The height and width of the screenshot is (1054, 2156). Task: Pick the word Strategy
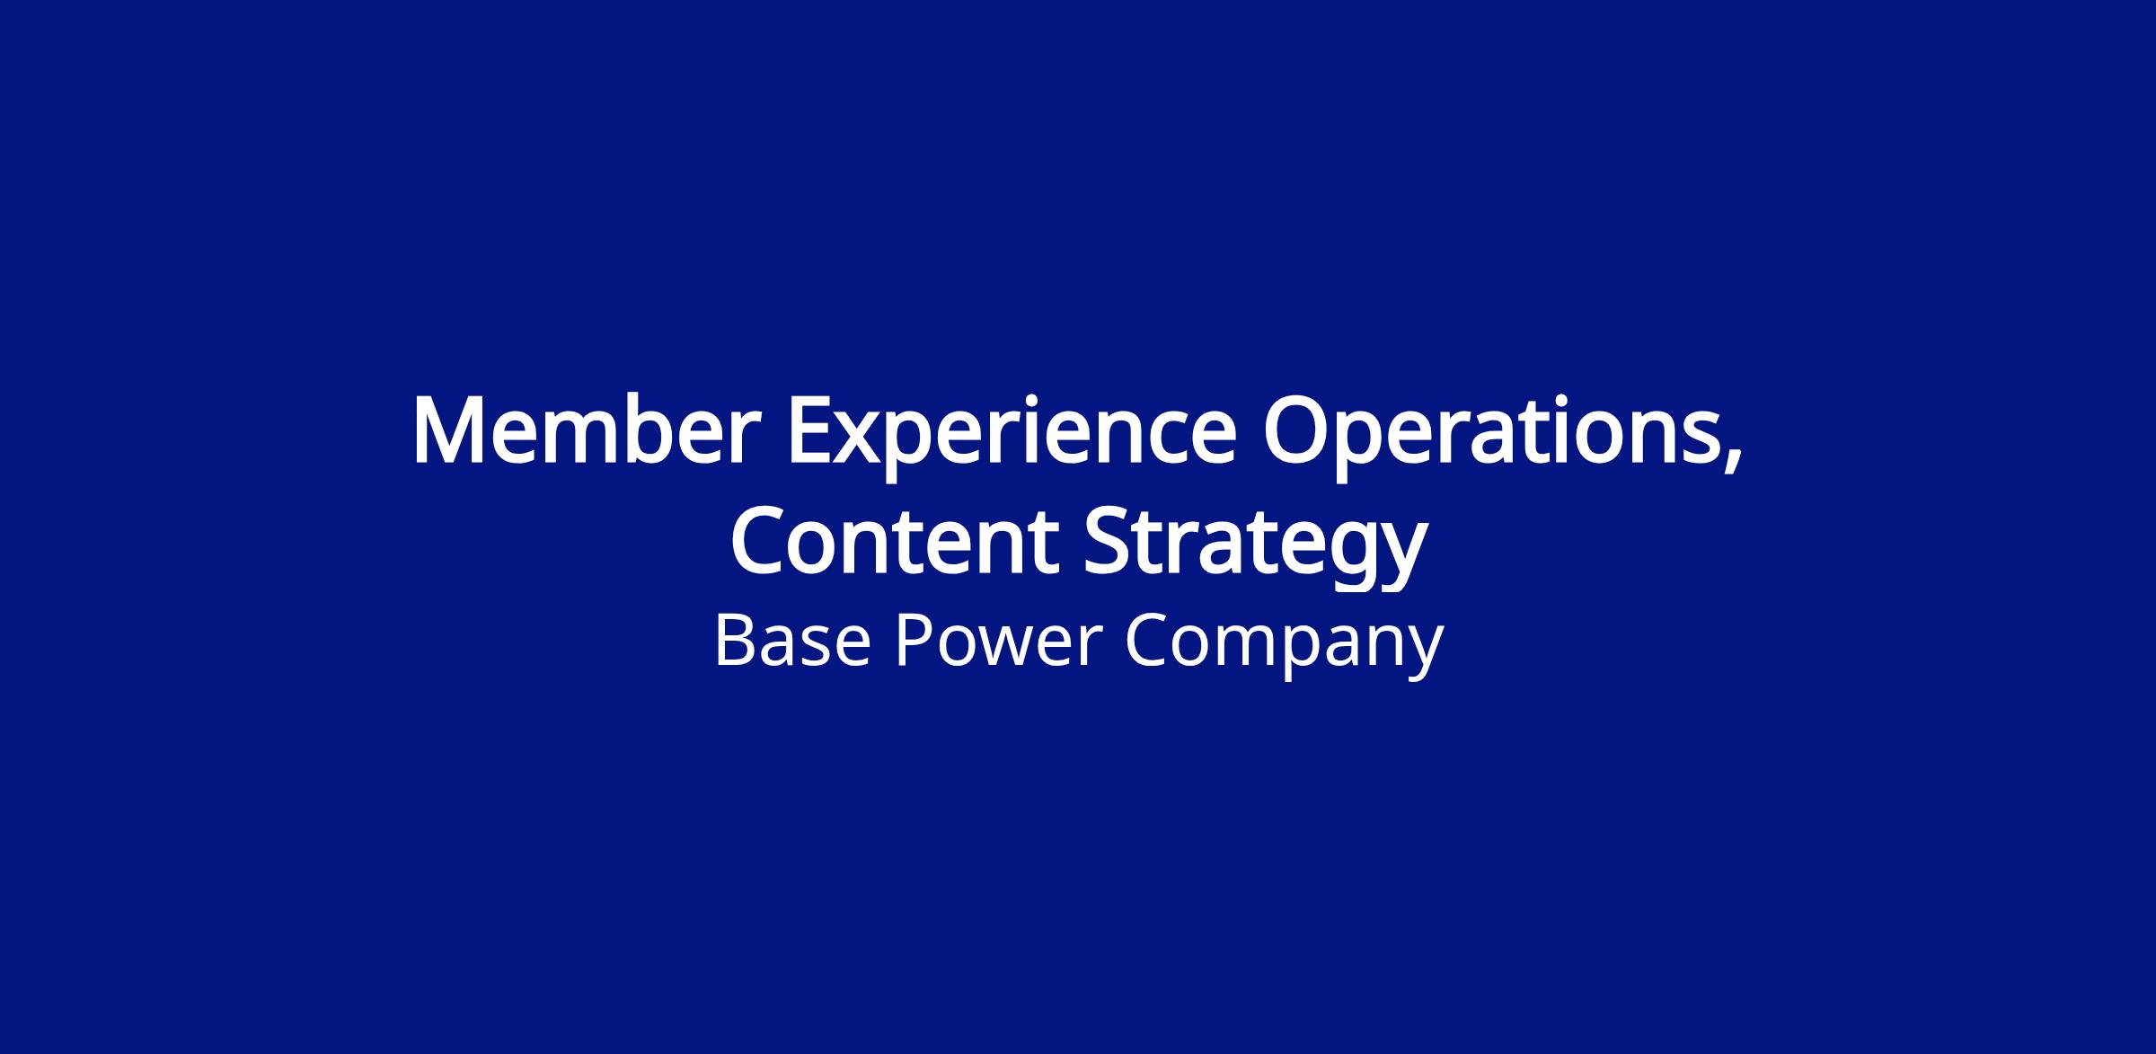[x=1256, y=548]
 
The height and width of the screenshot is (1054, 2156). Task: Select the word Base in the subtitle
[x=792, y=641]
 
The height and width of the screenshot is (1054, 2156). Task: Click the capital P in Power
[x=913, y=641]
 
